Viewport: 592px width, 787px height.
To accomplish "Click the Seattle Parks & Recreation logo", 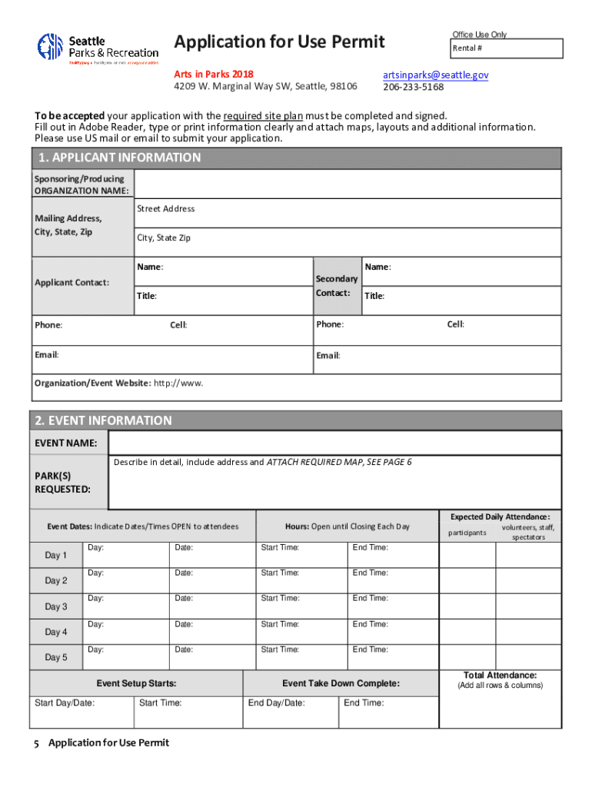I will pos(98,48).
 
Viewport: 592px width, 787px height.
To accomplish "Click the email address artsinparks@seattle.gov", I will pos(435,75).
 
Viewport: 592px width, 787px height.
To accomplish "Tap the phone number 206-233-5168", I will pos(414,87).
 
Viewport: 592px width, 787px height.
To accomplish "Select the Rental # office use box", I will pos(507,48).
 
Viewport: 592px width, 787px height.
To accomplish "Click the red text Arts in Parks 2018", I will pos(213,75).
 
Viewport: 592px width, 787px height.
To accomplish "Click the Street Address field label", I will pos(165,209).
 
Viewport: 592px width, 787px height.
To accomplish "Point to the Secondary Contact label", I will pos(337,285).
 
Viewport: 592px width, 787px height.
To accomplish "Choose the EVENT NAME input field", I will pos(334,443).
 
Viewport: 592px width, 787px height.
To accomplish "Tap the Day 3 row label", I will pos(56,606).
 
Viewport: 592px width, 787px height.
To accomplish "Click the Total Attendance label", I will pos(500,676).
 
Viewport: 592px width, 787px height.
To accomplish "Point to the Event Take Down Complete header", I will pos(341,683).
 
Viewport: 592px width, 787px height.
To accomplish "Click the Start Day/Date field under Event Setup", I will pos(81,712).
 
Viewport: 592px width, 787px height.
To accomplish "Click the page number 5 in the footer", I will pos(36,742).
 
